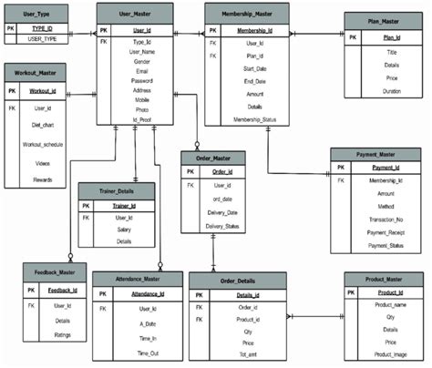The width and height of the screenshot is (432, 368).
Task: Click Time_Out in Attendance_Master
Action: pos(148,353)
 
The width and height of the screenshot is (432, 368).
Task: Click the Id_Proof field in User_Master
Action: pos(142,119)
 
